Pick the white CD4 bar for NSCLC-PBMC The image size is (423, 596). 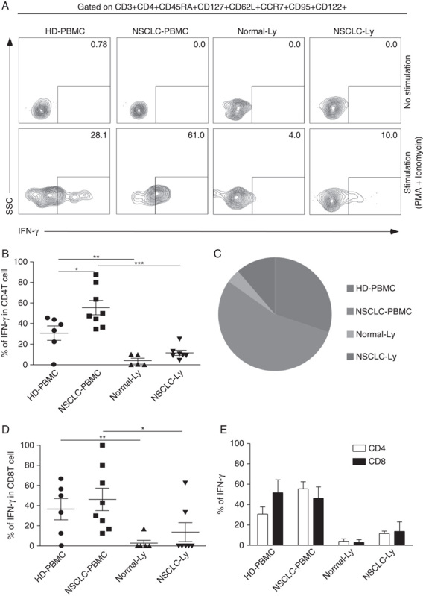324,517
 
